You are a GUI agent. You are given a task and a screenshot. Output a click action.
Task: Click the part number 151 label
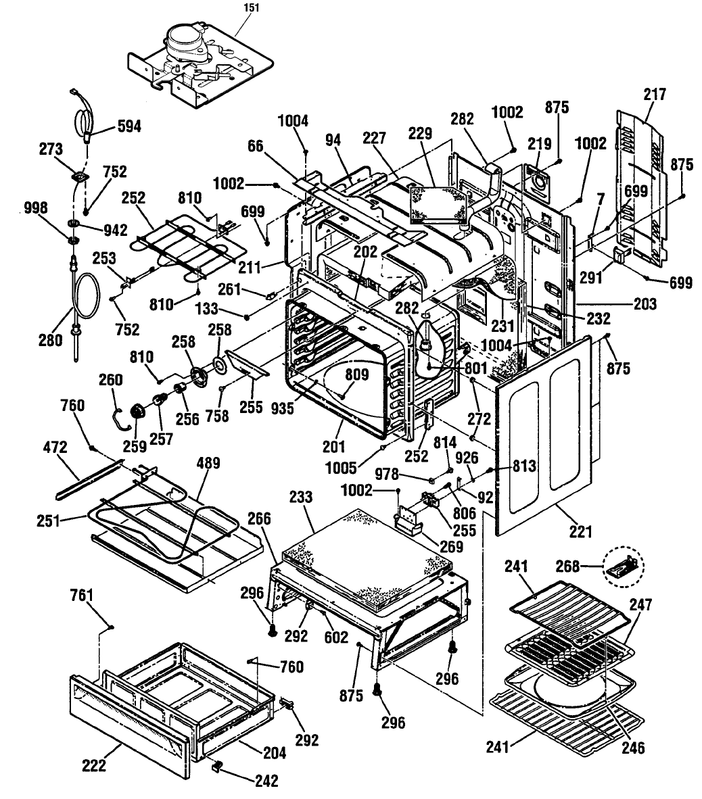[x=252, y=7]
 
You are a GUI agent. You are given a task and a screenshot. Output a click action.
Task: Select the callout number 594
[x=129, y=126]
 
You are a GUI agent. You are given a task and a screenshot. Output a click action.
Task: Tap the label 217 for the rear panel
[x=654, y=94]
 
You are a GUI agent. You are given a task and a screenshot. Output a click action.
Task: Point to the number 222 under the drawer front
[x=94, y=765]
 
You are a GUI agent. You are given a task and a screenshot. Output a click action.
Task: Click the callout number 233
[x=301, y=497]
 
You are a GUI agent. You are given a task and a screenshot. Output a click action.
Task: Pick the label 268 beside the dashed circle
[x=567, y=566]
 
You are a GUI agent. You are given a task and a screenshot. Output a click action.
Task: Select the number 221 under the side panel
[x=581, y=532]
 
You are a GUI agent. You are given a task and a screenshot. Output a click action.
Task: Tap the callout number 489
[x=208, y=463]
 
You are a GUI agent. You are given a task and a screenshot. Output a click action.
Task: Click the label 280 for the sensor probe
[x=51, y=340]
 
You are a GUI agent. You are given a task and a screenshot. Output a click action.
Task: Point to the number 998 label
[x=36, y=208]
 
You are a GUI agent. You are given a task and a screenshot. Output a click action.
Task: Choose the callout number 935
[x=283, y=408]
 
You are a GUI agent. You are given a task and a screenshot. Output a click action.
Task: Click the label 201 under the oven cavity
[x=334, y=446]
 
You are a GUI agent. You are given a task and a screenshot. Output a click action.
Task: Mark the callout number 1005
[x=341, y=467]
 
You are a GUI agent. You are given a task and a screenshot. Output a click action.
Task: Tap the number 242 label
[x=266, y=780]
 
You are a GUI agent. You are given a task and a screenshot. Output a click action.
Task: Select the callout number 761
[x=82, y=595]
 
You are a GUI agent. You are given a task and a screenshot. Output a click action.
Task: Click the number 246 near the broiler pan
[x=633, y=748]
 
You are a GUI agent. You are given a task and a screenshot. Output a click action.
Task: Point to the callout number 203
[x=645, y=304]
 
